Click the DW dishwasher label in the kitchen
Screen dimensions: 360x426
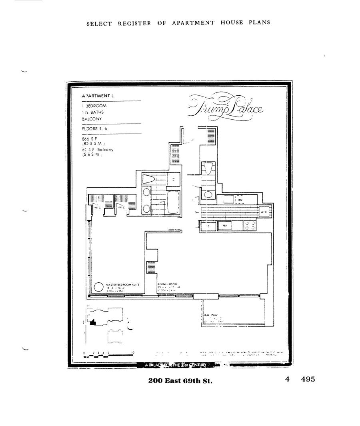240,199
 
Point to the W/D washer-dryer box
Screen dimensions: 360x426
264,212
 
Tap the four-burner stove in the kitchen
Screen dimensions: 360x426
250,226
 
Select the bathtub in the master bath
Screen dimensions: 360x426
172,202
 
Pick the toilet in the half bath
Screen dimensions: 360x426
208,168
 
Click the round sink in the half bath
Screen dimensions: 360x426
208,195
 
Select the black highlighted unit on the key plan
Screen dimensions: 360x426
93,322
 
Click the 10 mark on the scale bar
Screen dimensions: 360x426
133,353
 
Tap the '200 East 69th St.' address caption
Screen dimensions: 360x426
180,380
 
